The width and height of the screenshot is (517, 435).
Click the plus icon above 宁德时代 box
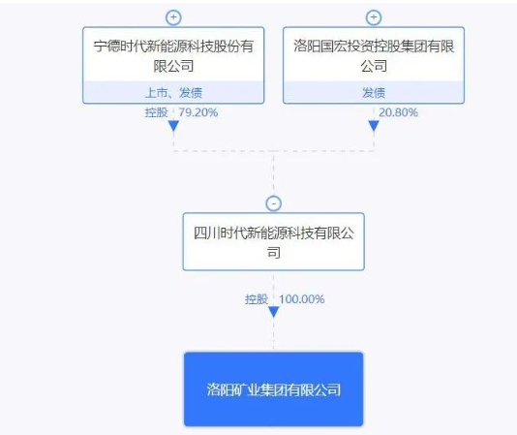click(x=173, y=17)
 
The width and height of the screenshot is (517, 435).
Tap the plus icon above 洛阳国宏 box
click(x=374, y=17)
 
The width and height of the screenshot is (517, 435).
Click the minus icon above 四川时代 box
click(x=273, y=203)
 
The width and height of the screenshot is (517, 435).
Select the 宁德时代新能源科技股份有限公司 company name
click(x=173, y=56)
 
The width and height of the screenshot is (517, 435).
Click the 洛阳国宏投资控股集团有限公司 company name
click(x=374, y=56)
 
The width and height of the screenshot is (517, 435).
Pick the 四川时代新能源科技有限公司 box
click(x=274, y=241)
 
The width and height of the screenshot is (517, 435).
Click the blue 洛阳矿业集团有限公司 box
click(x=274, y=389)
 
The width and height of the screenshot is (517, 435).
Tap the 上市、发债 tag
click(x=173, y=93)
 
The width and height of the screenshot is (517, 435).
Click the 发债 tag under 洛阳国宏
click(x=374, y=93)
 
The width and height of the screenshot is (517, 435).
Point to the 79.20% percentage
click(x=198, y=112)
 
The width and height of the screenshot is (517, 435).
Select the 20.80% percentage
click(x=398, y=112)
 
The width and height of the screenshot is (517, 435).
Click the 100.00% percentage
click(x=302, y=299)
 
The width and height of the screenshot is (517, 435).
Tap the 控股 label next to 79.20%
click(x=157, y=112)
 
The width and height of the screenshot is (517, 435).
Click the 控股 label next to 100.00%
click(x=257, y=299)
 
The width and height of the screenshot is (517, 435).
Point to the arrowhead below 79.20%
click(x=173, y=126)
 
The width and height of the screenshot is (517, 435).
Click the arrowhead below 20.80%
click(x=374, y=126)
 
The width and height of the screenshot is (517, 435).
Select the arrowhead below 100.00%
click(x=274, y=312)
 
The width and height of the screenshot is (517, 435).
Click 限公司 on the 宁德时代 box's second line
click(x=173, y=66)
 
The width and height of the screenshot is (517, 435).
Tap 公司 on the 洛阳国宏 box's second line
click(x=374, y=66)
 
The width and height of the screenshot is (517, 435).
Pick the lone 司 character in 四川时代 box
click(x=274, y=253)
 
